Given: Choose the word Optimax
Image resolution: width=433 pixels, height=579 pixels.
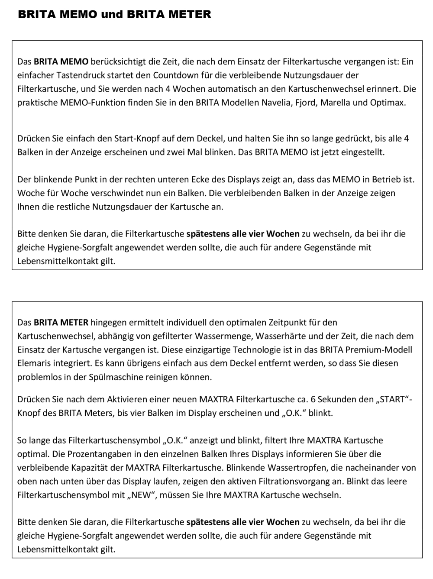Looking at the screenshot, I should click(x=388, y=103).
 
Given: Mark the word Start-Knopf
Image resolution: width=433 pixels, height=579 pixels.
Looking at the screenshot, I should click(x=136, y=139).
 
